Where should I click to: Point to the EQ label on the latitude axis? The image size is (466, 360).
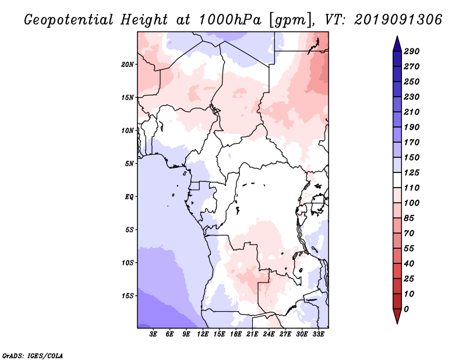129,196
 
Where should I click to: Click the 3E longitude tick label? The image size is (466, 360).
154,334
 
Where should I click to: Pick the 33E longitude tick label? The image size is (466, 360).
318,334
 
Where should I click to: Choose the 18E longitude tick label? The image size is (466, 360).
236,334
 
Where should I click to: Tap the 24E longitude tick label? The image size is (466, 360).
269,334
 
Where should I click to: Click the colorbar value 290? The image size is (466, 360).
411,51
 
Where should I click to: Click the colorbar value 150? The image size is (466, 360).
411,157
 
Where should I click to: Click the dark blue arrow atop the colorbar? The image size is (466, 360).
396,43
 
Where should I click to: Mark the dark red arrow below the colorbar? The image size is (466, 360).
396,316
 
